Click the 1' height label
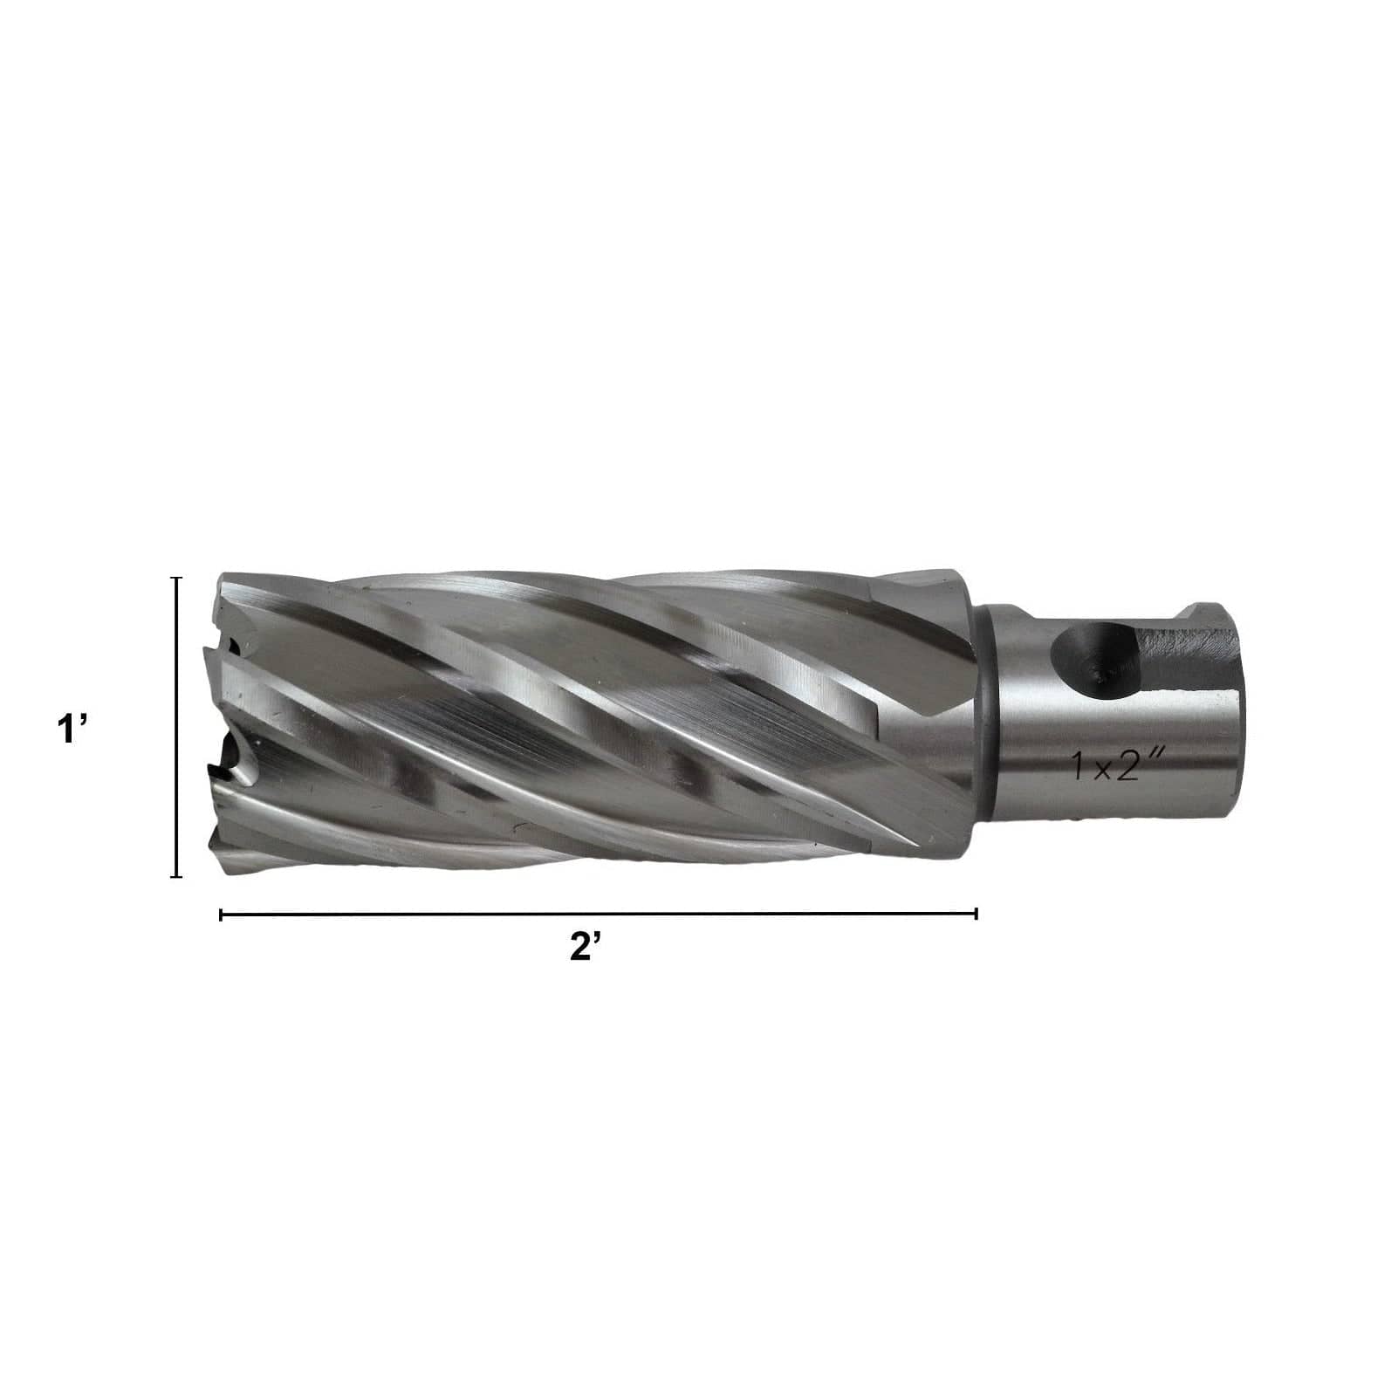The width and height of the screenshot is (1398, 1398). (71, 728)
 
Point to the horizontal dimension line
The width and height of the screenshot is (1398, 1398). (598, 914)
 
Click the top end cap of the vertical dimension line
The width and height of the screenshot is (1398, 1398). (177, 578)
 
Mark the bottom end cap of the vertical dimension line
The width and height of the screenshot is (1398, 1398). (177, 875)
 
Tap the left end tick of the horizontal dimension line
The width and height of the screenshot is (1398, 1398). (221, 914)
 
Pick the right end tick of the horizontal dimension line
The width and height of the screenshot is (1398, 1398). (976, 914)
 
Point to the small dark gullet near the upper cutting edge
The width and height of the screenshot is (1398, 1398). (233, 646)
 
